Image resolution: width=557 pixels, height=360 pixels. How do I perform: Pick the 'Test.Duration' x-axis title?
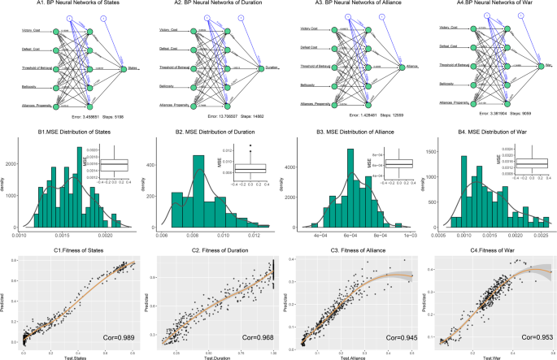coord(210,356)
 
